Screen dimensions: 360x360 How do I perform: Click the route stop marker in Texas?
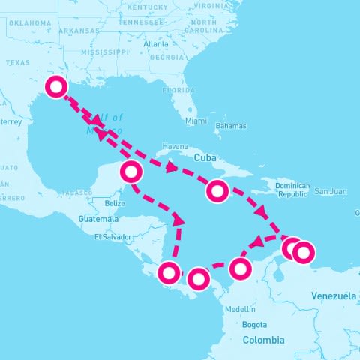(x=56, y=87)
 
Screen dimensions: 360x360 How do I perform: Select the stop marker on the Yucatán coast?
(x=131, y=172)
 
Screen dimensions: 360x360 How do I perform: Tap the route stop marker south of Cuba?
(x=217, y=191)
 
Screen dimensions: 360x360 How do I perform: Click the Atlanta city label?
(x=156, y=44)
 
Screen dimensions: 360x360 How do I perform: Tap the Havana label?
(x=175, y=146)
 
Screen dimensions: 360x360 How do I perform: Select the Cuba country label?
(x=205, y=158)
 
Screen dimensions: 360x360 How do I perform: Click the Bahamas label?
(x=230, y=126)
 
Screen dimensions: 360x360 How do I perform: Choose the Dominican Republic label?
(x=292, y=189)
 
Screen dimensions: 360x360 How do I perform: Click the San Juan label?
(x=331, y=191)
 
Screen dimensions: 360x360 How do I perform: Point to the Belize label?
(x=115, y=203)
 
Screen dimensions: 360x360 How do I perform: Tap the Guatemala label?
(x=97, y=219)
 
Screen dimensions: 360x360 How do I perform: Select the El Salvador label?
(x=113, y=238)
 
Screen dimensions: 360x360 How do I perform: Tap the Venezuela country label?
(x=333, y=296)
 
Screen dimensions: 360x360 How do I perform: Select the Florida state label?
(x=179, y=89)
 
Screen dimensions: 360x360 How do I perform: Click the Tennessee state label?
(x=151, y=22)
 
